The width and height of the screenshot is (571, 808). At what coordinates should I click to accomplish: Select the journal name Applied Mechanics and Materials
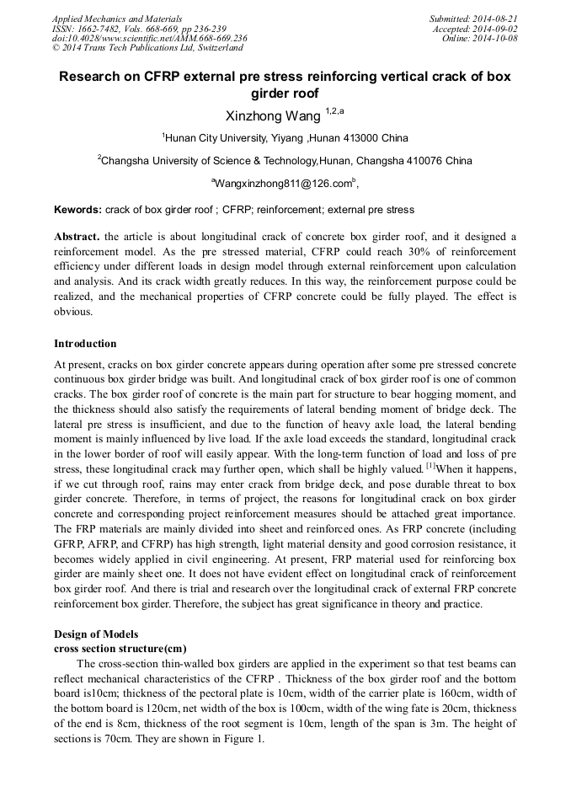[x=117, y=18]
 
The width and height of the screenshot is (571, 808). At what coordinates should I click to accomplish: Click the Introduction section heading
[x=85, y=344]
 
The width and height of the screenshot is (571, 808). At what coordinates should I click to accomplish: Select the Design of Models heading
[x=96, y=634]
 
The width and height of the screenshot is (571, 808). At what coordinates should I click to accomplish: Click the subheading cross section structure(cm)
[x=120, y=648]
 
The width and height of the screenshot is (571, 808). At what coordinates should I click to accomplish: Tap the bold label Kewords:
[x=78, y=210]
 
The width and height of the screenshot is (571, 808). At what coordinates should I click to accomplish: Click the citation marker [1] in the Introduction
[x=430, y=465]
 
